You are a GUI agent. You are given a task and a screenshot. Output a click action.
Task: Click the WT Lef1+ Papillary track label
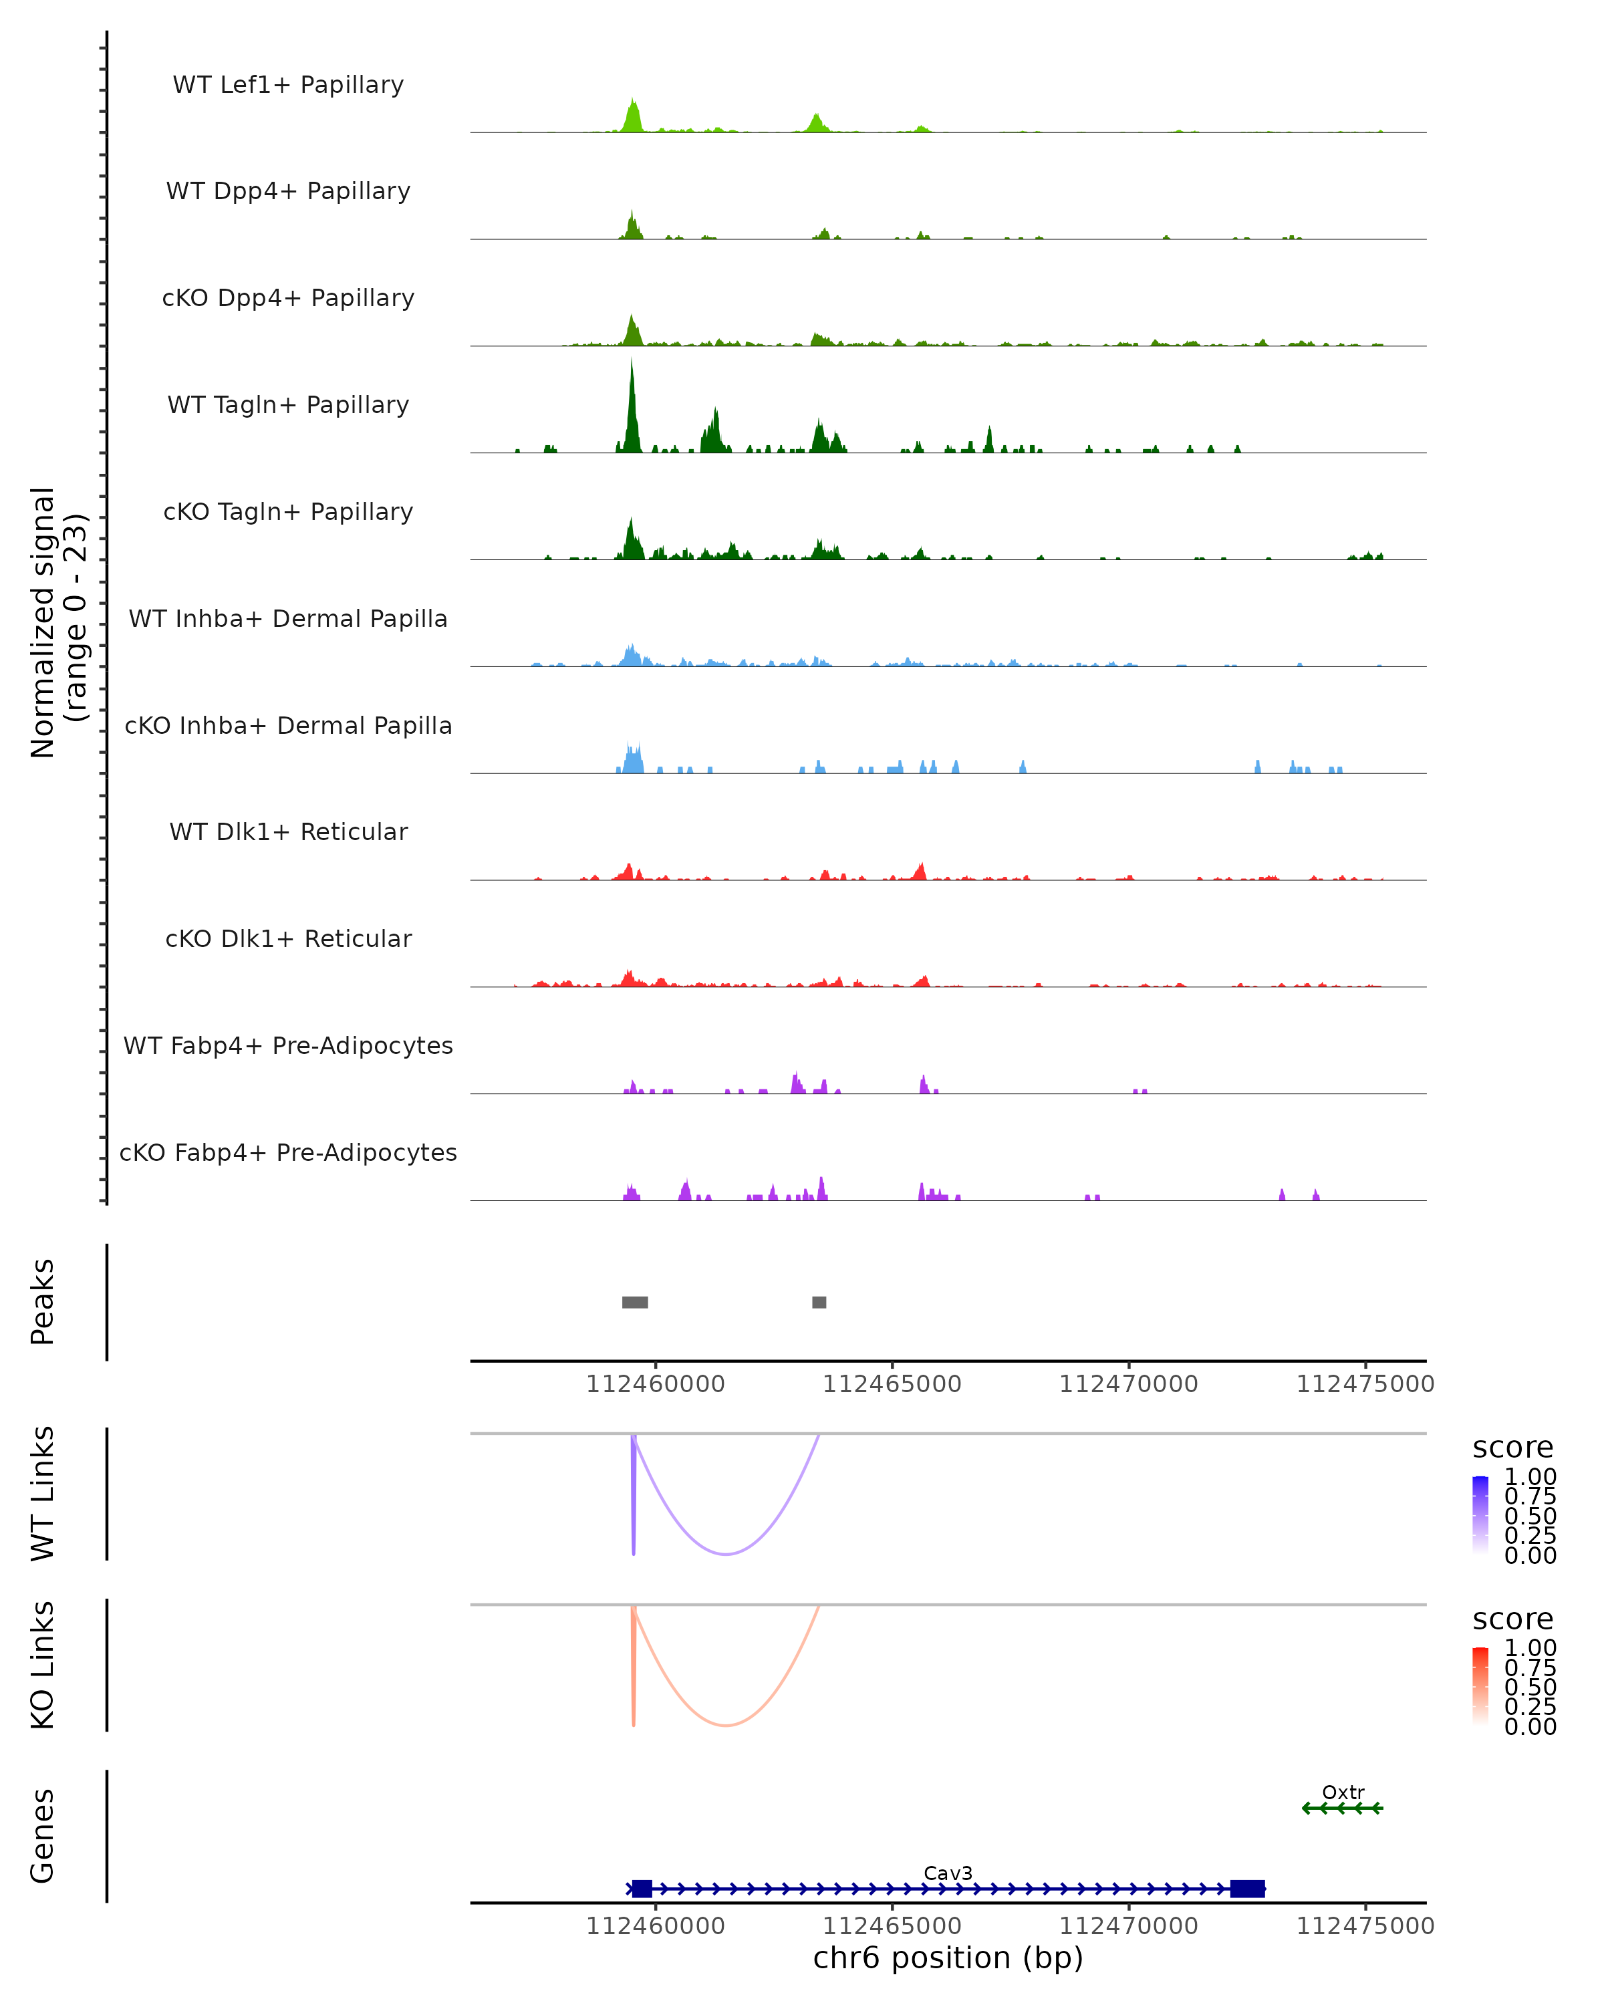pos(288,85)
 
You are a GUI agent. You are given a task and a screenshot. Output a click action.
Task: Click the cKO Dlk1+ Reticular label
pos(288,938)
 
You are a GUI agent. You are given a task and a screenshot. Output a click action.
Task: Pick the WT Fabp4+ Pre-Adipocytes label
pos(288,1045)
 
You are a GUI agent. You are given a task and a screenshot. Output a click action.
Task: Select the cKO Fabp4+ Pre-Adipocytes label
pos(288,1152)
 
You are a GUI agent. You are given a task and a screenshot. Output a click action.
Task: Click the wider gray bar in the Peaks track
pos(635,1302)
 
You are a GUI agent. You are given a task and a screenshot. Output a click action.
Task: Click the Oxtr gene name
pos(1343,1792)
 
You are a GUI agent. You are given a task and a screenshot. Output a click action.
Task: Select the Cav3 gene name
pos(948,1873)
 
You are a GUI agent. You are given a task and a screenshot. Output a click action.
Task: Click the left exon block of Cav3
pos(642,1889)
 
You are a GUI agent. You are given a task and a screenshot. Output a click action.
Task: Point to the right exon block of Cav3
pos(1247,1889)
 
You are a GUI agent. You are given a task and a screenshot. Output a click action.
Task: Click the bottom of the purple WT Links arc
pos(726,1554)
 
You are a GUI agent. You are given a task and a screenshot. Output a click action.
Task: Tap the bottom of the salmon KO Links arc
pos(726,1725)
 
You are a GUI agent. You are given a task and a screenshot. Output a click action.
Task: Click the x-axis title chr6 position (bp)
pos(948,1958)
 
